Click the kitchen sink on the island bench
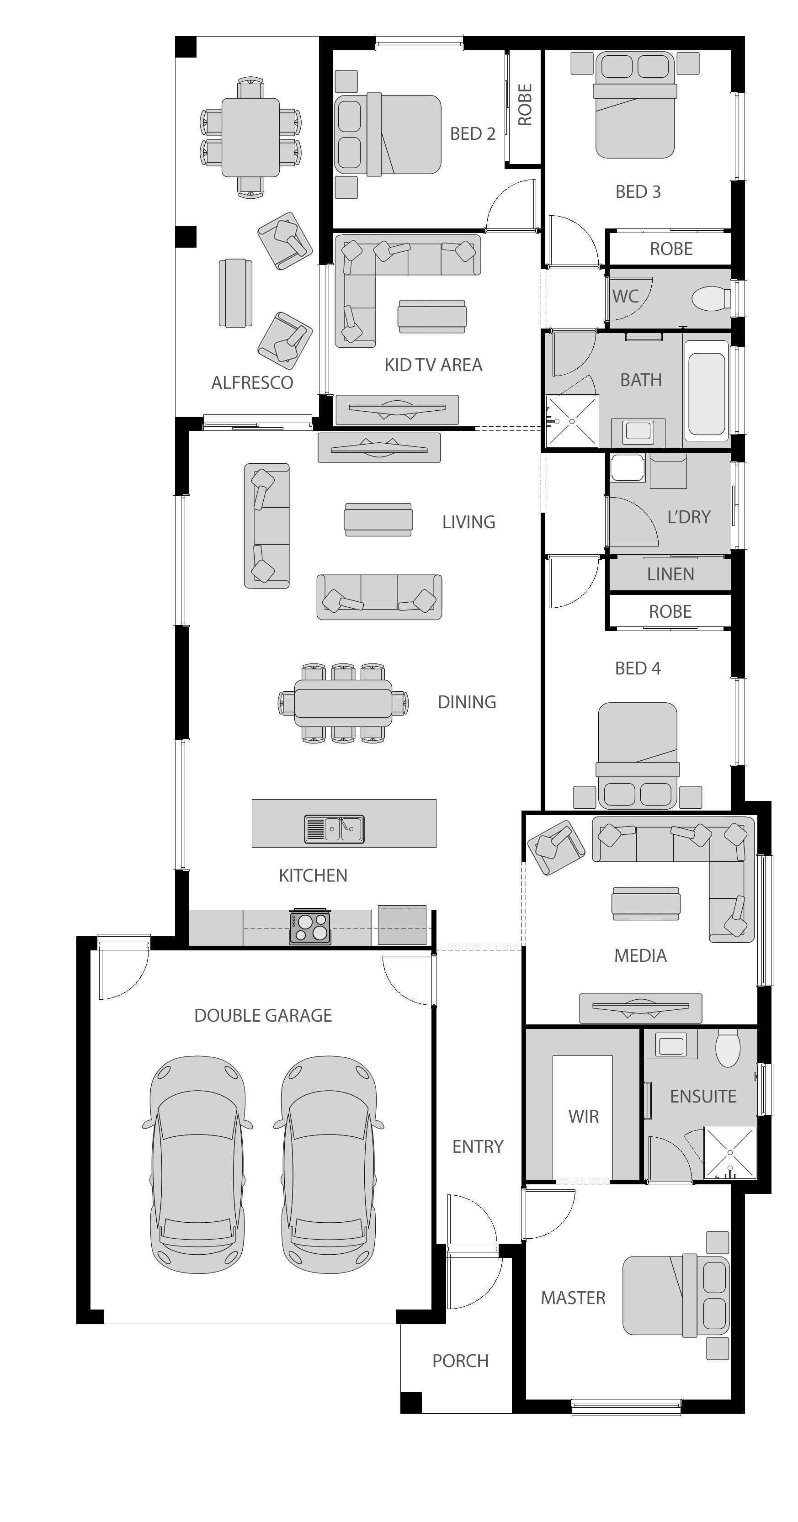tap(334, 829)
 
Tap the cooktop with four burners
tap(310, 927)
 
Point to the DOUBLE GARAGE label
tap(263, 1015)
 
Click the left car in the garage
tap(197, 1164)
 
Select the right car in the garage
tap(329, 1164)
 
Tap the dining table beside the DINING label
tap(343, 702)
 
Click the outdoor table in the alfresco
tap(250, 137)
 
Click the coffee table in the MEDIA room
tap(645, 903)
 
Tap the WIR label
tap(584, 1116)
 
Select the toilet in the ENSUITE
tap(728, 1049)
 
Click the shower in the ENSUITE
tap(730, 1153)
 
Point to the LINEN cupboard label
tap(670, 574)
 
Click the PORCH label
tap(461, 1361)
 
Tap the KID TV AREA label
tap(433, 365)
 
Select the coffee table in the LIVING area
tap(378, 520)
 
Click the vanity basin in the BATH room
tap(638, 431)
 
